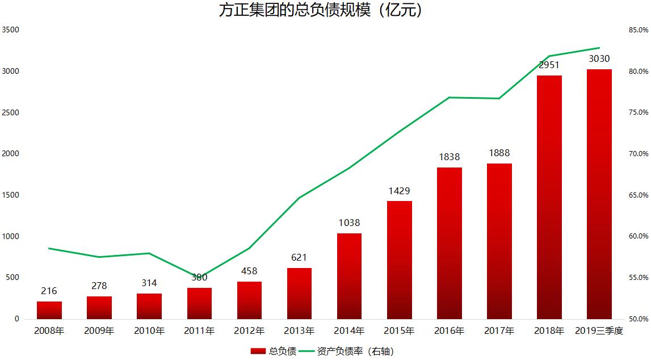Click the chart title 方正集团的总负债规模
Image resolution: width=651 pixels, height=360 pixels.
pyautogui.click(x=321, y=11)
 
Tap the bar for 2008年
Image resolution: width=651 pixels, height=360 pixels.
pyautogui.click(x=49, y=310)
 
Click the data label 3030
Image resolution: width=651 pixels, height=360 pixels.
pyautogui.click(x=599, y=58)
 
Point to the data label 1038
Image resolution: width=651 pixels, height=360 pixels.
pyautogui.click(x=349, y=223)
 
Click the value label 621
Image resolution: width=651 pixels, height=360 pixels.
pyautogui.click(x=299, y=258)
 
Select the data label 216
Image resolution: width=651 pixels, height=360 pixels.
pyautogui.click(x=49, y=291)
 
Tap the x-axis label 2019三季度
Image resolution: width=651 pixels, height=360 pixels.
pyautogui.click(x=599, y=330)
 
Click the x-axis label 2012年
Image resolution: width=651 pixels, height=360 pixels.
pyautogui.click(x=249, y=330)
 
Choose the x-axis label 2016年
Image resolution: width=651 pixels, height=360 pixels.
pyautogui.click(x=449, y=330)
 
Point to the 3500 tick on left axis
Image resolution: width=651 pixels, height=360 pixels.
pyautogui.click(x=10, y=30)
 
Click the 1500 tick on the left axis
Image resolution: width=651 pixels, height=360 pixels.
pyautogui.click(x=10, y=195)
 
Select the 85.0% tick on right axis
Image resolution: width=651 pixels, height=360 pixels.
pyautogui.click(x=638, y=30)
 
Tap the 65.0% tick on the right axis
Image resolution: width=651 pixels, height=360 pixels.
pyautogui.click(x=638, y=195)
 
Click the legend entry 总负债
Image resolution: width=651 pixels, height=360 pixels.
pyautogui.click(x=273, y=351)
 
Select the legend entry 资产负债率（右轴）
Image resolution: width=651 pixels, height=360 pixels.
pyautogui.click(x=346, y=351)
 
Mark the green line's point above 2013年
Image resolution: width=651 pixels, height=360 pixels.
pyautogui.click(x=299, y=198)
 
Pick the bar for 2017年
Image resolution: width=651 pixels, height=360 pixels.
pyautogui.click(x=499, y=241)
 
